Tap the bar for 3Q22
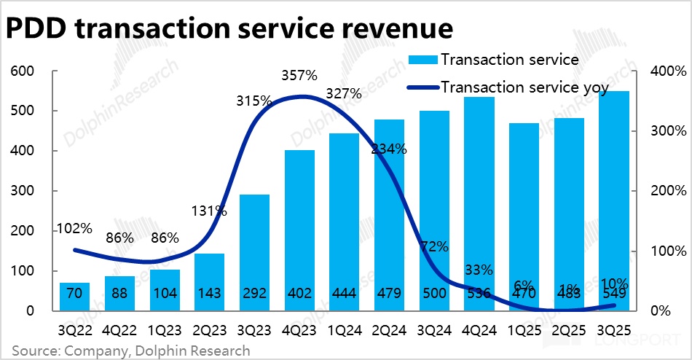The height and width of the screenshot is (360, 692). [x=74, y=297]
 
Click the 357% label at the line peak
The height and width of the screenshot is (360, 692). [x=299, y=75]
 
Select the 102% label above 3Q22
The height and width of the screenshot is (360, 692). [x=75, y=227]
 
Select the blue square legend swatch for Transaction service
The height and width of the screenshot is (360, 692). [x=424, y=60]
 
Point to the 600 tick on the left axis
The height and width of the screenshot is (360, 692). [x=23, y=71]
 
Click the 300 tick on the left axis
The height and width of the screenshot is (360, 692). [x=23, y=191]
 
